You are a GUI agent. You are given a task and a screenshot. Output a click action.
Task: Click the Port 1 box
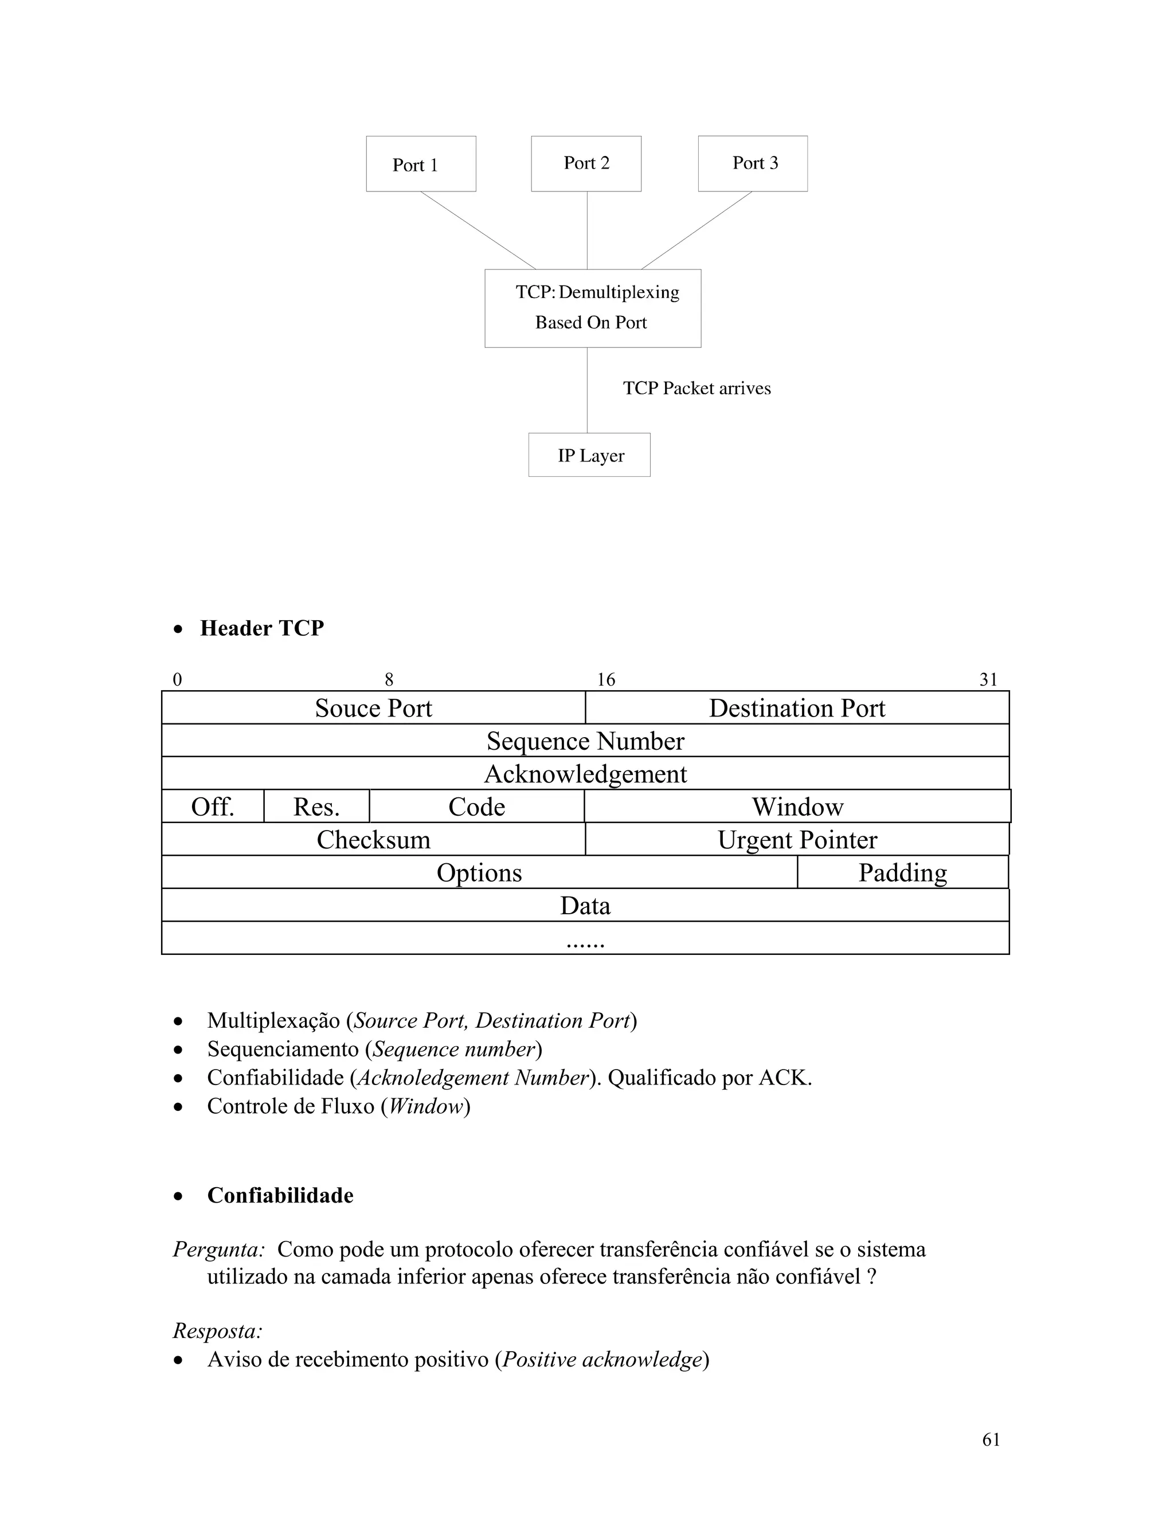point(421,164)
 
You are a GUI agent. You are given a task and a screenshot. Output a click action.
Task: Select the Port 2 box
point(586,163)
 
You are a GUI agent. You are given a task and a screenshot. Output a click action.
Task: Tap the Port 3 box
point(753,163)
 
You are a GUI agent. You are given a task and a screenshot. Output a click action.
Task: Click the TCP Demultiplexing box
point(593,308)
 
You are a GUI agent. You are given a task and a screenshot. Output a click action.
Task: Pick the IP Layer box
point(589,455)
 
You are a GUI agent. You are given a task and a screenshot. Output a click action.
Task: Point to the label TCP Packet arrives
point(697,388)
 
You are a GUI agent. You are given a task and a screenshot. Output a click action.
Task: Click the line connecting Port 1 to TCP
point(478,230)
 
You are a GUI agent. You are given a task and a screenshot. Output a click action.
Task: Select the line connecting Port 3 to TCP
point(696,230)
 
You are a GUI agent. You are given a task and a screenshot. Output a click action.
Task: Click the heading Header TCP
point(261,628)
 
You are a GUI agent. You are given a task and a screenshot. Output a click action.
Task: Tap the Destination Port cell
point(797,708)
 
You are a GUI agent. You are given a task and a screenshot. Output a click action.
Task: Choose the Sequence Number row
point(585,741)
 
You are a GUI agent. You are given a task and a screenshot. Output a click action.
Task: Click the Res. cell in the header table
point(316,807)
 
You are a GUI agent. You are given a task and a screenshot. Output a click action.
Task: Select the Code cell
point(476,807)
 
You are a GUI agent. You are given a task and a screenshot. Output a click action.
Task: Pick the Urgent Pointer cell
point(797,840)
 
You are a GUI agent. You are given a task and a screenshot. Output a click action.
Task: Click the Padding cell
point(902,873)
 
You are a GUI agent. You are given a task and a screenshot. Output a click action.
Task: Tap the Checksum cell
point(374,840)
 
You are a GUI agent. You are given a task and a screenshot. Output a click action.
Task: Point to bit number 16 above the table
point(606,679)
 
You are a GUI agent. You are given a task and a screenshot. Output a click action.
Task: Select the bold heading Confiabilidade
point(280,1195)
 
